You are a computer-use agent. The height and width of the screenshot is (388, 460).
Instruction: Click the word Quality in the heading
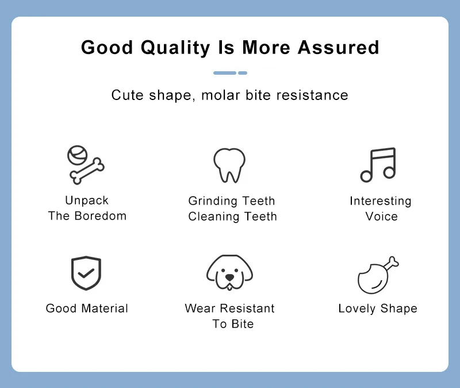(x=175, y=48)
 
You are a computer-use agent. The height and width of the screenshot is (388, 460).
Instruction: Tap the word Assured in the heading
(x=339, y=47)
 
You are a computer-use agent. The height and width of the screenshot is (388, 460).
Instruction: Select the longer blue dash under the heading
(x=225, y=73)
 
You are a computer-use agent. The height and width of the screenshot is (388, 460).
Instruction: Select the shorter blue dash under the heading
(x=243, y=73)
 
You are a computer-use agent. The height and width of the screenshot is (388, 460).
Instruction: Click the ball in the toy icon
(x=77, y=155)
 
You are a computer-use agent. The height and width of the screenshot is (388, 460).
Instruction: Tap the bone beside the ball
(x=87, y=171)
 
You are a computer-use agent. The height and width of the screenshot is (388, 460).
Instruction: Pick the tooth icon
(x=229, y=166)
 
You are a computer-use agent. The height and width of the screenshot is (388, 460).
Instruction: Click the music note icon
(x=378, y=164)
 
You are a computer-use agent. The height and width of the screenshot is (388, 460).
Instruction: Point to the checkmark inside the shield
(x=86, y=273)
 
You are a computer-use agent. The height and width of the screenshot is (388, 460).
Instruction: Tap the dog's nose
(x=229, y=277)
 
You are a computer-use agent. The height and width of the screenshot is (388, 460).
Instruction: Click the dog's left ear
(x=212, y=271)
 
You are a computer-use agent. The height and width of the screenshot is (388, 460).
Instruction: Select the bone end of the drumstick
(x=392, y=262)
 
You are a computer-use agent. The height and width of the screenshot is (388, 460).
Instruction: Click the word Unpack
(x=87, y=201)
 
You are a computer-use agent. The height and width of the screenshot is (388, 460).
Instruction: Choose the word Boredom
(x=100, y=216)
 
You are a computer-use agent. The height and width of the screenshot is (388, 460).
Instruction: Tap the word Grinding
(x=213, y=201)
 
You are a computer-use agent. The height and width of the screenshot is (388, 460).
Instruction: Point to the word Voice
(x=381, y=217)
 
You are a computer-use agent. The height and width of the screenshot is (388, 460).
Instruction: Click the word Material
(x=105, y=309)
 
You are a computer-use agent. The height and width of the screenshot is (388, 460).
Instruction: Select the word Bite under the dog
(x=242, y=324)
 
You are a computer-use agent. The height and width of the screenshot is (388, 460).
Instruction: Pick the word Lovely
(x=357, y=309)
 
